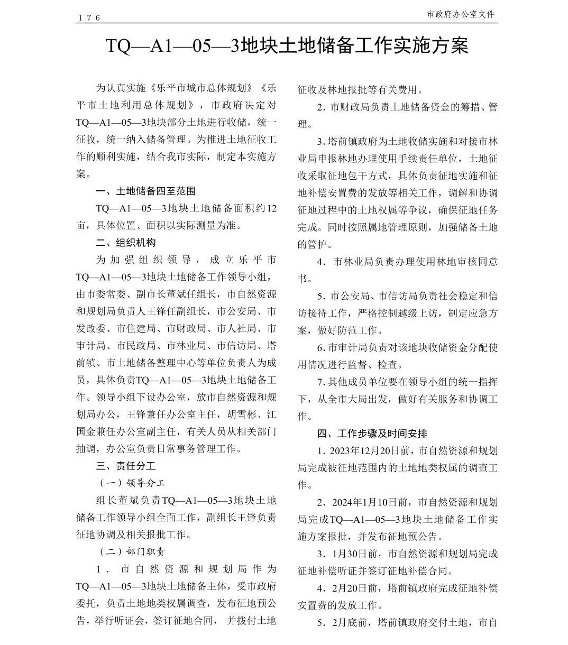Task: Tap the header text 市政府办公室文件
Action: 461,14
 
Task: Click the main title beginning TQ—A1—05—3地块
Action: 287,45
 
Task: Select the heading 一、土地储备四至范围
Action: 145,191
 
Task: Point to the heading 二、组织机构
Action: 126,243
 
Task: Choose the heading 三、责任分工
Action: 126,466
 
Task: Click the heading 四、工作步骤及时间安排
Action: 372,434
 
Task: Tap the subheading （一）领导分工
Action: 132,483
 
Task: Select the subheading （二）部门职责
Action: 132,551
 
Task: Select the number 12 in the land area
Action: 271,208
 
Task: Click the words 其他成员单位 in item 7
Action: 361,382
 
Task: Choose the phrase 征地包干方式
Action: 369,176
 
